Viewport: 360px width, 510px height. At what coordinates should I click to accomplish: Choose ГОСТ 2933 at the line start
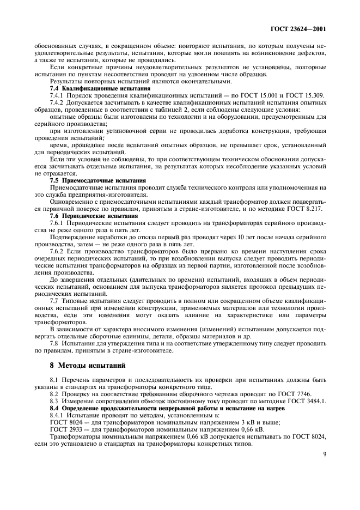51,428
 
